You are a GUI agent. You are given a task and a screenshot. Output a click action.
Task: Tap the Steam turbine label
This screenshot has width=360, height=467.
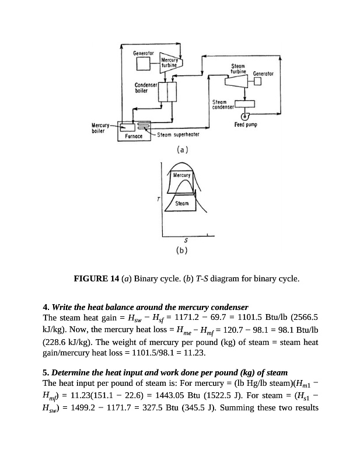point(239,69)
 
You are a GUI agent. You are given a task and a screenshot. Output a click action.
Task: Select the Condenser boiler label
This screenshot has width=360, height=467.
point(145,88)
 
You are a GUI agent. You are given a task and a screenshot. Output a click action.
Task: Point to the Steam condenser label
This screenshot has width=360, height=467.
point(223,105)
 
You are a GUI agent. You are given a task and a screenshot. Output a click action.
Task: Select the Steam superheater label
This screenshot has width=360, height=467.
point(179,135)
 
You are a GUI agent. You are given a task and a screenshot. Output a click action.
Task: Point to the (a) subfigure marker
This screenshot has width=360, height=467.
point(183,150)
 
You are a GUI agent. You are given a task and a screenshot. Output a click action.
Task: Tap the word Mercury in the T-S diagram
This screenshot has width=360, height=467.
point(182,175)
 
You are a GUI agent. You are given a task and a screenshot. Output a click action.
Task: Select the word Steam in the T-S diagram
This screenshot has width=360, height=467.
point(182,204)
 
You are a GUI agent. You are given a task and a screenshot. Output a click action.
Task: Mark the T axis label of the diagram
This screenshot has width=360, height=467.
point(157,200)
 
